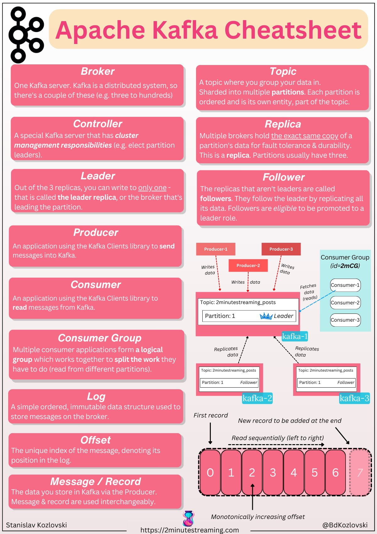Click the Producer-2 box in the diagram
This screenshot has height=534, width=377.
pos(248,265)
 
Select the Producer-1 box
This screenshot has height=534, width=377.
pos(216,249)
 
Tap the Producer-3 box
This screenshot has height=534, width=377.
pos(281,249)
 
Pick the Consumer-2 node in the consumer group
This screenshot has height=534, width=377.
pos(345,302)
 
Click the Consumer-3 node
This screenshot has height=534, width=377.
pos(345,320)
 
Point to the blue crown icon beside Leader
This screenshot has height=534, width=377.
pos(266,316)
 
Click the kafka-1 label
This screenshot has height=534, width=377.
pos(295,336)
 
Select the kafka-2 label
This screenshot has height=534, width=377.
pos(257,398)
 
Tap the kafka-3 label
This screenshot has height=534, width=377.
pos(354,398)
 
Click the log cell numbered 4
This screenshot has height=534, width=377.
pos(294,472)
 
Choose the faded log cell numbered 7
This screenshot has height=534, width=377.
pos(360,472)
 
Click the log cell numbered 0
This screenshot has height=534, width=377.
pos(210,472)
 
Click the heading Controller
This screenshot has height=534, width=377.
pos(97,124)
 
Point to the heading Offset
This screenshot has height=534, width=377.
pos(96,440)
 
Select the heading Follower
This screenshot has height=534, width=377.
pos(283,177)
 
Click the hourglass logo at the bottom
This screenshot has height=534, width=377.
pos(188,519)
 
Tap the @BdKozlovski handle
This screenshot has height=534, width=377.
pos(345,525)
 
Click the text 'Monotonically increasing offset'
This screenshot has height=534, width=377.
pos(258,517)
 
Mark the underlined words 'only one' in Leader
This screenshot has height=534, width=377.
pos(152,188)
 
